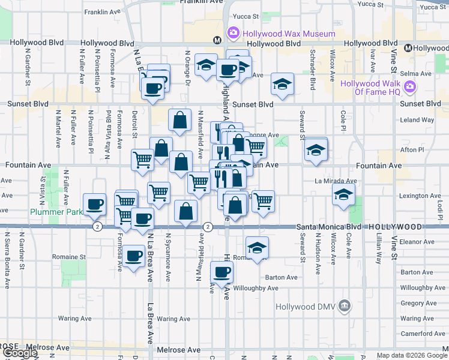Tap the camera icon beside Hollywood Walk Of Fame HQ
pyautogui.click(x=410, y=88)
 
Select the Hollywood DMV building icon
pyautogui.click(x=344, y=307)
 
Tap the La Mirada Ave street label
pyautogui.click(x=336, y=181)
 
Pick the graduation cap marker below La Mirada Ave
pyautogui.click(x=343, y=194)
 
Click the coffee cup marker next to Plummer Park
pyautogui.click(x=94, y=204)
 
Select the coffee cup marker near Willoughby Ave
pyautogui.click(x=221, y=272)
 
